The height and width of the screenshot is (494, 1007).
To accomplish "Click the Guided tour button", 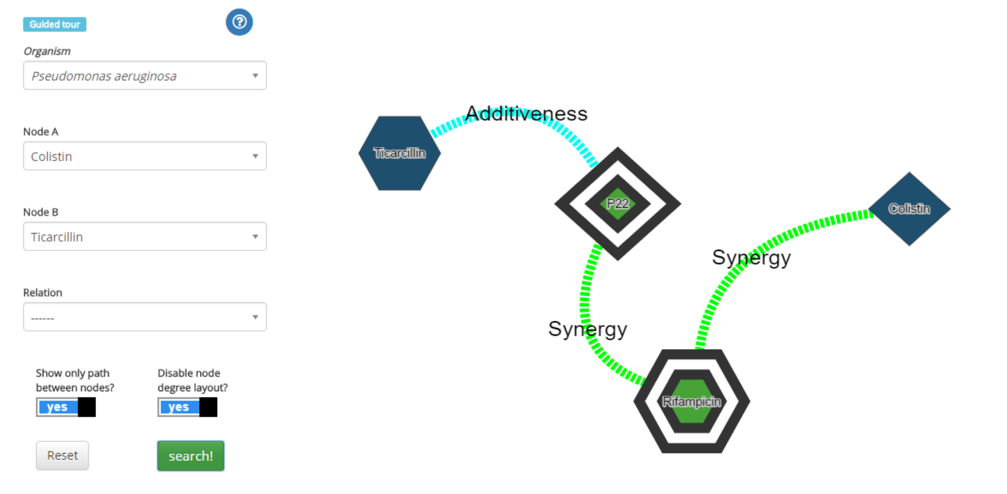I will pyautogui.click(x=55, y=24).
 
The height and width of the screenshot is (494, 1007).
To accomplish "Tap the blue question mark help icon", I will pyautogui.click(x=239, y=22).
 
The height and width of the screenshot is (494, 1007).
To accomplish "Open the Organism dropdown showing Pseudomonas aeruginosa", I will pyautogui.click(x=145, y=76).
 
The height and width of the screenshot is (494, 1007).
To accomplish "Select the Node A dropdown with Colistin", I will pyautogui.click(x=145, y=156).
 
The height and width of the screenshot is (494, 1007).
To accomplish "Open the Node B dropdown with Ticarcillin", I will pyautogui.click(x=145, y=236).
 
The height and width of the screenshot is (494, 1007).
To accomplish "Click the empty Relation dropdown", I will pyautogui.click(x=145, y=317).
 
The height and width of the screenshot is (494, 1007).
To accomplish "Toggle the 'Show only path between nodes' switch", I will pyautogui.click(x=66, y=407).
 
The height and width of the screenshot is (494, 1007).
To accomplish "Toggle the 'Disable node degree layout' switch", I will pyautogui.click(x=187, y=407).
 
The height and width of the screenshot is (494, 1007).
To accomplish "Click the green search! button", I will pyautogui.click(x=190, y=456).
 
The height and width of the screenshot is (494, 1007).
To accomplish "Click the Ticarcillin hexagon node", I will pyautogui.click(x=400, y=153).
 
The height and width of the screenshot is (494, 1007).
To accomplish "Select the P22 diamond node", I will pyautogui.click(x=617, y=204).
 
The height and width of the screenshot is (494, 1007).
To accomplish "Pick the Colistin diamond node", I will pyautogui.click(x=909, y=208).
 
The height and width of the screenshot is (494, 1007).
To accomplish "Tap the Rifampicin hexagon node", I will pyautogui.click(x=691, y=401).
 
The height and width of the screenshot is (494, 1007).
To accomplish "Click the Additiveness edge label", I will pyautogui.click(x=527, y=113).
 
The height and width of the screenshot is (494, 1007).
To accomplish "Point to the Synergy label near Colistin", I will pyautogui.click(x=751, y=258).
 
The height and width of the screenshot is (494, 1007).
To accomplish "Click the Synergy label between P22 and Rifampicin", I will pyautogui.click(x=587, y=329).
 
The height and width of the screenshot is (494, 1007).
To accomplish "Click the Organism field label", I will pyautogui.click(x=47, y=51).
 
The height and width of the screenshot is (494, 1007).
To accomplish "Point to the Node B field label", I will pyautogui.click(x=40, y=212).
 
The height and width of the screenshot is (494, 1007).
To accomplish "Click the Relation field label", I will pyautogui.click(x=42, y=292).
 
